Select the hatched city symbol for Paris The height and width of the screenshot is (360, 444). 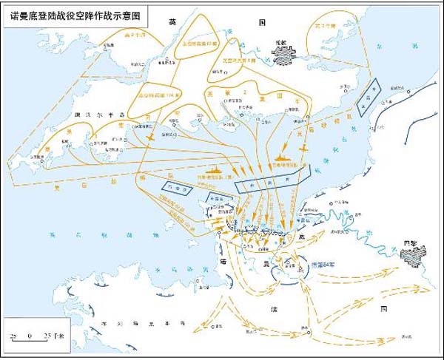coord(408,255)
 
